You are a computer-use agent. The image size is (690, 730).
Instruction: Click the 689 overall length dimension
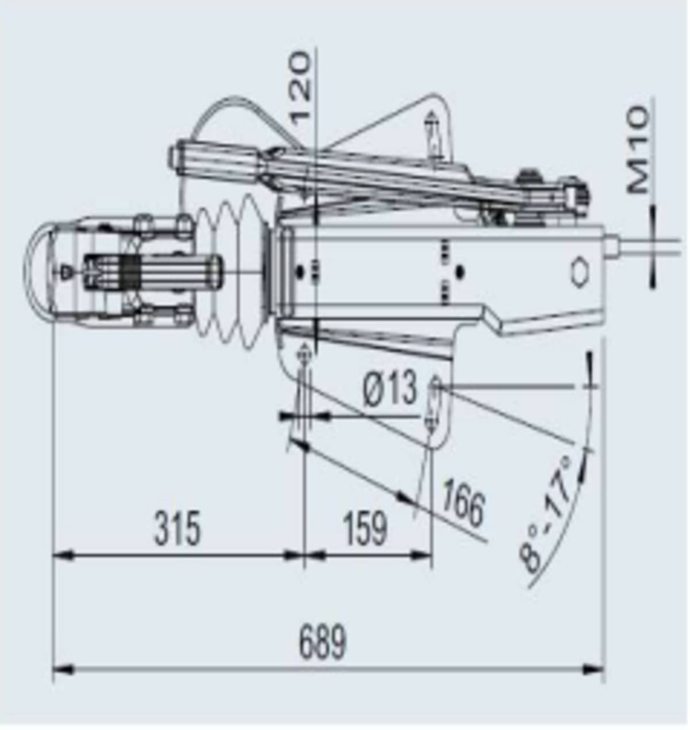point(323,642)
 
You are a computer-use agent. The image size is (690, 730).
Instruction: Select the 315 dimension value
point(178,528)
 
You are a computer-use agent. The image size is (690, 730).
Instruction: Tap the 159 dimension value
point(365,528)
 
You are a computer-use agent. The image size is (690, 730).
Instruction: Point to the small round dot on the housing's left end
point(299,271)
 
